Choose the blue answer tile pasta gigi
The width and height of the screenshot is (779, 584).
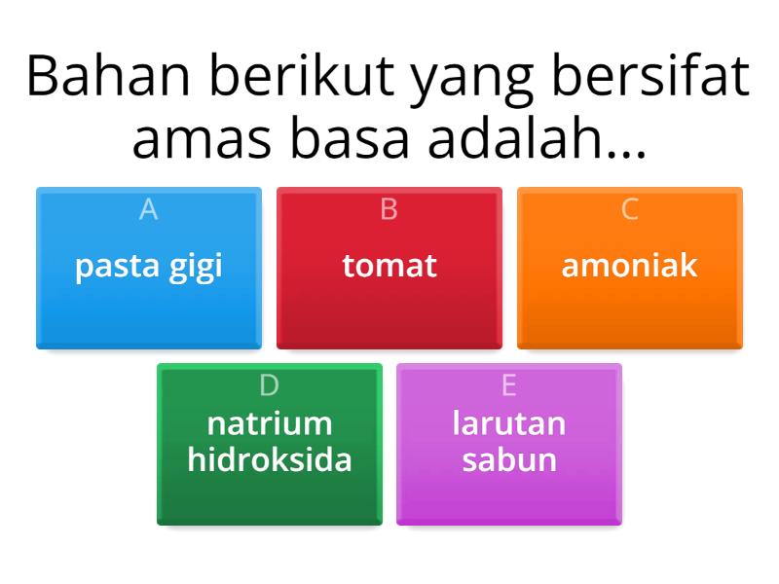(149, 268)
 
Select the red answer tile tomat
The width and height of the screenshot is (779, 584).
(389, 268)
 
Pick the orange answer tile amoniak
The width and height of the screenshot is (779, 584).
(630, 268)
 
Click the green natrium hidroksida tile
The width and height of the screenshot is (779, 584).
(270, 444)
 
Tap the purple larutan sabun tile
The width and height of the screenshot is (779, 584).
(509, 444)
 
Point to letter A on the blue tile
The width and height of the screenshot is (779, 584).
(149, 209)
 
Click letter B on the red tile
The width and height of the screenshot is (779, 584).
(389, 209)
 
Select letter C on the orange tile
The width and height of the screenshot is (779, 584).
(630, 209)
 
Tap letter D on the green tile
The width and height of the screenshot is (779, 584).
(270, 385)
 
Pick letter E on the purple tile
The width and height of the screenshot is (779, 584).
(509, 385)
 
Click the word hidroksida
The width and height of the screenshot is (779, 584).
(270, 459)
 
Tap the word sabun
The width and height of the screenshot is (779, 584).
(509, 459)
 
